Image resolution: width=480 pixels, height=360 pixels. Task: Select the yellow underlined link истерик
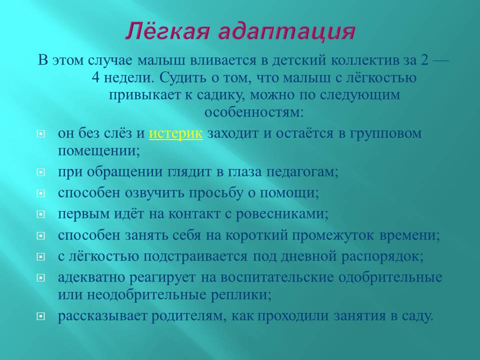click(x=175, y=133)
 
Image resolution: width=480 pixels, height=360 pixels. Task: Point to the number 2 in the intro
click(x=424, y=60)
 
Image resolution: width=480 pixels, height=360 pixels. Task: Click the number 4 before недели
click(x=95, y=77)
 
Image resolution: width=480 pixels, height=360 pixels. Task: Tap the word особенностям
click(x=254, y=112)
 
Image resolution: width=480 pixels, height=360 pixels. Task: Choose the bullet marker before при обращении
click(x=40, y=172)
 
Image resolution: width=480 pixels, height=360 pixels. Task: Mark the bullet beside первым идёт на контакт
click(x=40, y=214)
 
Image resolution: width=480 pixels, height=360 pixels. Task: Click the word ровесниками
click(x=282, y=214)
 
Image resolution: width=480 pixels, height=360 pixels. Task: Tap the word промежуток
click(x=334, y=235)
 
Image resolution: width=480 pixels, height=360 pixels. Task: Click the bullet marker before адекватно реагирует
click(x=40, y=278)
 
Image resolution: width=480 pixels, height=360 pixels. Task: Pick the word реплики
click(x=241, y=295)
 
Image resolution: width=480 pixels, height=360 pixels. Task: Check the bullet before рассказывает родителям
click(x=40, y=316)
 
